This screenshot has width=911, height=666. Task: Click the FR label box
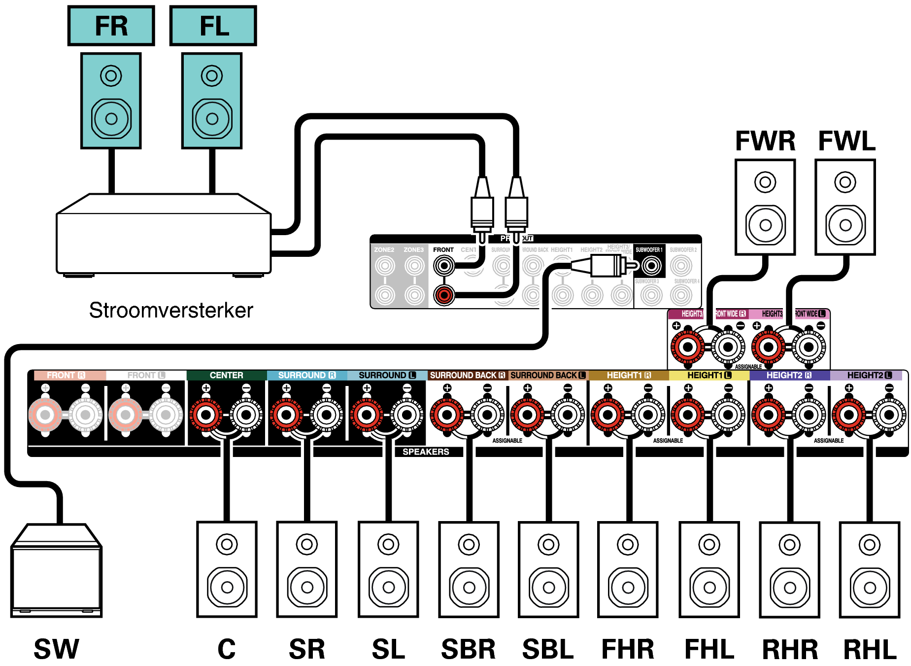pyautogui.click(x=111, y=26)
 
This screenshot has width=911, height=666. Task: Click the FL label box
pyautogui.click(x=213, y=26)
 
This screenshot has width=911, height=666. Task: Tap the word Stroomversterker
pyautogui.click(x=170, y=311)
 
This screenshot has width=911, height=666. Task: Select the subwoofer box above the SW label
pyautogui.click(x=56, y=572)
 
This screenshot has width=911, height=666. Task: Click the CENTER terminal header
pyautogui.click(x=226, y=375)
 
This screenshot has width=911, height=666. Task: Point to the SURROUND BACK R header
pyautogui.click(x=467, y=375)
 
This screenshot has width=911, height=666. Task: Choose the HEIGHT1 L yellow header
pyautogui.click(x=709, y=375)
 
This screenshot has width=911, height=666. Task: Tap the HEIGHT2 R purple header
pyautogui.click(x=789, y=375)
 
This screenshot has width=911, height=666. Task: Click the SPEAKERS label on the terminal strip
pyautogui.click(x=426, y=452)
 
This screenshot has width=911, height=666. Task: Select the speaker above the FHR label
pyautogui.click(x=628, y=569)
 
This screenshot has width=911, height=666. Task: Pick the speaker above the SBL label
pyautogui.click(x=548, y=569)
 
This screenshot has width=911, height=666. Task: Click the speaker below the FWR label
pyautogui.click(x=765, y=207)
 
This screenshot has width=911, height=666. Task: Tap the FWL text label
pyautogui.click(x=846, y=141)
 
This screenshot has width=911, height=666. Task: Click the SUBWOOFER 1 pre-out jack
pyautogui.click(x=651, y=266)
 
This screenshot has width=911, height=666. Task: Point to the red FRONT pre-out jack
pyautogui.click(x=444, y=295)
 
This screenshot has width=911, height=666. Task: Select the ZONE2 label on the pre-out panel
pyautogui.click(x=384, y=250)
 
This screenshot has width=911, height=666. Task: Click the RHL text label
pyautogui.click(x=870, y=649)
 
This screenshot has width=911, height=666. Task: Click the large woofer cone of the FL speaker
pyautogui.click(x=212, y=119)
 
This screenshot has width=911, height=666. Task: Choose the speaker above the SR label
pyautogui.click(x=307, y=569)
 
